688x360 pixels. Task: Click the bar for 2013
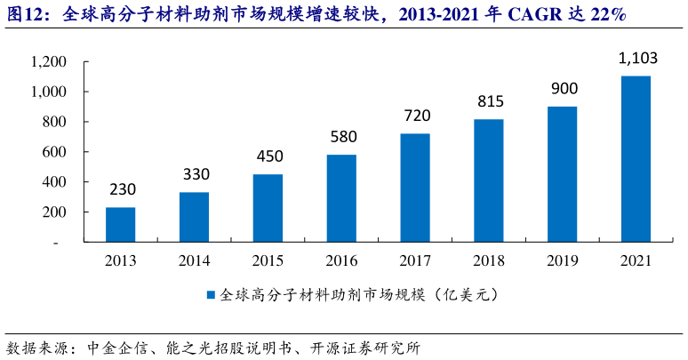[x=121, y=224]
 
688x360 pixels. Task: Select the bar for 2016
[x=341, y=198]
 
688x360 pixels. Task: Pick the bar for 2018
[x=489, y=180]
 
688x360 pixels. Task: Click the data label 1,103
[x=636, y=60]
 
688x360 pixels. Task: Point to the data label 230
[x=122, y=190]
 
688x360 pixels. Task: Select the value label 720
[x=415, y=116]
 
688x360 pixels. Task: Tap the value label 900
[x=563, y=89]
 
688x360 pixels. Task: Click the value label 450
[x=268, y=156]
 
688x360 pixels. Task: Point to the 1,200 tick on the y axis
[x=48, y=62]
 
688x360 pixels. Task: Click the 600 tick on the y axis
[x=54, y=153]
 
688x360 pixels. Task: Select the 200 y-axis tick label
[x=54, y=212]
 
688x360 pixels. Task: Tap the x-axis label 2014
[x=195, y=261]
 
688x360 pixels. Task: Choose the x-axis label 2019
[x=563, y=261]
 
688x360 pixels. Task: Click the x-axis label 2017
[x=415, y=261]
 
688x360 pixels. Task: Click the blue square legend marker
[x=211, y=294]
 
